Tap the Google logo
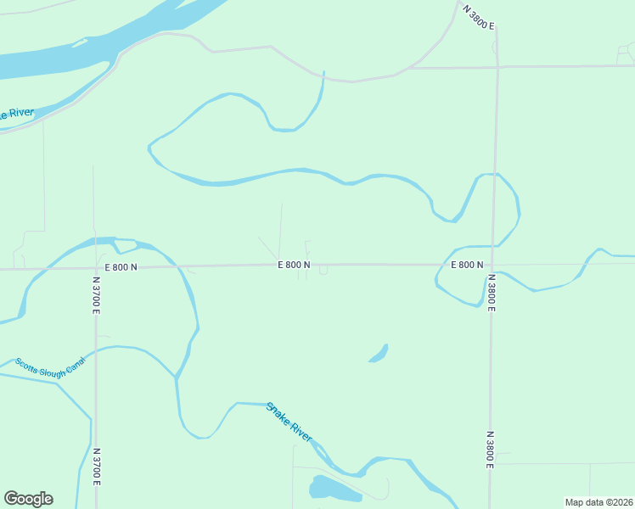click(x=28, y=499)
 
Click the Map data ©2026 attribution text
click(x=598, y=502)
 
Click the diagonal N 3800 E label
click(x=478, y=17)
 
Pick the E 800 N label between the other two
click(x=294, y=265)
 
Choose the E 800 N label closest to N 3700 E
click(x=121, y=267)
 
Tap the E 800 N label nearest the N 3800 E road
click(x=467, y=265)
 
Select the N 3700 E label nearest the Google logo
click(x=97, y=467)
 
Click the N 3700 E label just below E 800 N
click(x=97, y=294)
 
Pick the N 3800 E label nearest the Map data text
click(x=491, y=448)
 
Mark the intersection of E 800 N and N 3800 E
click(x=492, y=265)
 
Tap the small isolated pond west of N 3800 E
click(x=379, y=353)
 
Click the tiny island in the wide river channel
click(x=81, y=42)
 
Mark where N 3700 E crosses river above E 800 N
click(x=95, y=241)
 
